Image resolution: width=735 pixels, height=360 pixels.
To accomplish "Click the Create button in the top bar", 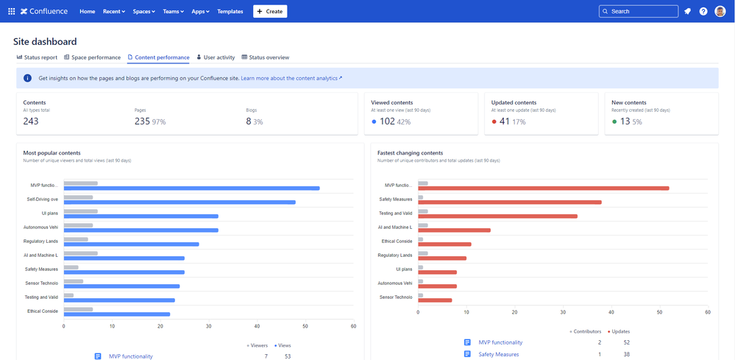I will pyautogui.click(x=270, y=11).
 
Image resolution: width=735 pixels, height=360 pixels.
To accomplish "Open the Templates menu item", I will pyautogui.click(x=230, y=12).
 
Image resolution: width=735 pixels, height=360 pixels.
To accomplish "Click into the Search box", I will pyautogui.click(x=638, y=11).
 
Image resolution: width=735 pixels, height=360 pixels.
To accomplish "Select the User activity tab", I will pyautogui.click(x=216, y=57).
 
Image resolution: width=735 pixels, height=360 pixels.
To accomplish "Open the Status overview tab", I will pyautogui.click(x=266, y=57).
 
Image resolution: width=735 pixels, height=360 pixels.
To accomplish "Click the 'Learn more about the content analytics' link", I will pyautogui.click(x=291, y=77).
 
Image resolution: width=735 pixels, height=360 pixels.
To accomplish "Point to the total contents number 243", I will pyautogui.click(x=31, y=121).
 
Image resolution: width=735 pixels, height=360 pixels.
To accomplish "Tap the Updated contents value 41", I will pyautogui.click(x=505, y=121).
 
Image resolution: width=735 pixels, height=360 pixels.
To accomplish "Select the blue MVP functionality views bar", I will pyautogui.click(x=191, y=188).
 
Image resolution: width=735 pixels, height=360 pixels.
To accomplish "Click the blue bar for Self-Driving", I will pyautogui.click(x=180, y=202).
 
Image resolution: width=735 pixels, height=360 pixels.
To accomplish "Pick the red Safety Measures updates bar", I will pyautogui.click(x=509, y=202).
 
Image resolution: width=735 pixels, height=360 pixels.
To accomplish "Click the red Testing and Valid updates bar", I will pyautogui.click(x=497, y=216).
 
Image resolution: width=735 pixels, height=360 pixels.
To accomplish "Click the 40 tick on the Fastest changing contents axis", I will pyautogui.click(x=611, y=311).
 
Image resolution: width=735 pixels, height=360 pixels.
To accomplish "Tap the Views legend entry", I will pyautogui.click(x=283, y=345).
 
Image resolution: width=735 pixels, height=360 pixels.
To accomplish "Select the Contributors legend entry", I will pyautogui.click(x=586, y=331).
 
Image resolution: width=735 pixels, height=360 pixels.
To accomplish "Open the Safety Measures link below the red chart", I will pyautogui.click(x=498, y=354).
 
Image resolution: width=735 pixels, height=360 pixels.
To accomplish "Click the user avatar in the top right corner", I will pyautogui.click(x=720, y=11).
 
